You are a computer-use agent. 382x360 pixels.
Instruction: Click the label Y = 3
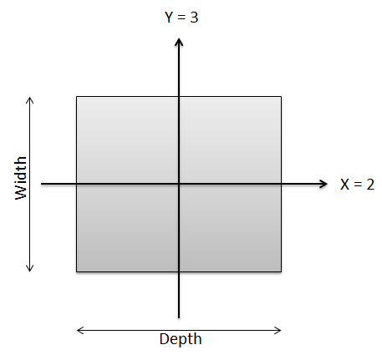click(x=181, y=17)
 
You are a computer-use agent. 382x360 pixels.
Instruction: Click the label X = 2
click(x=357, y=185)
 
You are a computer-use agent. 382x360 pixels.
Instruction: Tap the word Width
click(x=21, y=178)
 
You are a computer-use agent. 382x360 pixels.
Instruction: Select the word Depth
click(x=181, y=339)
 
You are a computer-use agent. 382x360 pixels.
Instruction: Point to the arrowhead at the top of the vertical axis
click(x=179, y=39)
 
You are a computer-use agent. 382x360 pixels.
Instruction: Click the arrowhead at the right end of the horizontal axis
click(x=327, y=184)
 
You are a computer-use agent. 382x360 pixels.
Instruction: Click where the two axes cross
click(x=179, y=184)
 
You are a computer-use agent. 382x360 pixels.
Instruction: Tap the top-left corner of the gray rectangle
click(x=77, y=97)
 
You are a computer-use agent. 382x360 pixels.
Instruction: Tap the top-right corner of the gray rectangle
click(x=281, y=97)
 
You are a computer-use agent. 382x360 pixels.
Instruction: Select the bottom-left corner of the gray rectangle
click(x=77, y=271)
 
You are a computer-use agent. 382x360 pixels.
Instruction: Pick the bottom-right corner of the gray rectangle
click(x=281, y=271)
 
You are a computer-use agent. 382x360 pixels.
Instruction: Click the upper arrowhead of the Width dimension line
click(x=30, y=98)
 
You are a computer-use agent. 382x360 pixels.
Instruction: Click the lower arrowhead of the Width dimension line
click(x=30, y=271)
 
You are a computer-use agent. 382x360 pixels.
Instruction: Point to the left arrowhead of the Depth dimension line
click(x=77, y=331)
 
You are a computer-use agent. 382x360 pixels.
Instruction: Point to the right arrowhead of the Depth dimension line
click(x=281, y=331)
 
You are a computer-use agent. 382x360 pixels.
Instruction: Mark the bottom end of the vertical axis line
click(x=179, y=318)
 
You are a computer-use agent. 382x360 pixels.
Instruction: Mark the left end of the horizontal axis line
click(x=41, y=184)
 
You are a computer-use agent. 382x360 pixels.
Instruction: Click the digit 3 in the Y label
click(x=194, y=18)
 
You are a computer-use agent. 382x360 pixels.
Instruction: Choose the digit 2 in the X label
click(x=370, y=185)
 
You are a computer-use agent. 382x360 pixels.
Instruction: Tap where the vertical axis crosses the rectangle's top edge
click(x=179, y=97)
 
